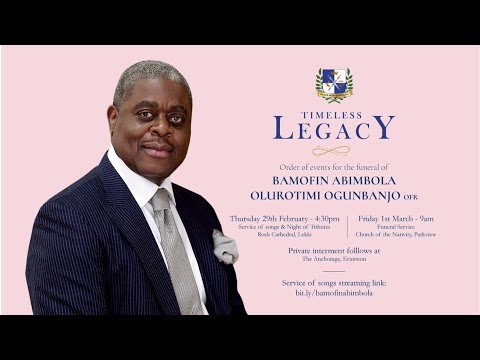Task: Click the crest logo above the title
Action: click(334, 85)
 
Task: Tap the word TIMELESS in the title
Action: click(334, 112)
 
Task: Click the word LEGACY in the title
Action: click(334, 128)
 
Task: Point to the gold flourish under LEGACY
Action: click(334, 149)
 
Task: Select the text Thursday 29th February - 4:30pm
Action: click(284, 218)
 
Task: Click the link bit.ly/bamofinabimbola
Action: click(334, 293)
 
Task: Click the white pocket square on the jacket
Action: click(224, 246)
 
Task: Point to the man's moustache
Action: click(157, 146)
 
